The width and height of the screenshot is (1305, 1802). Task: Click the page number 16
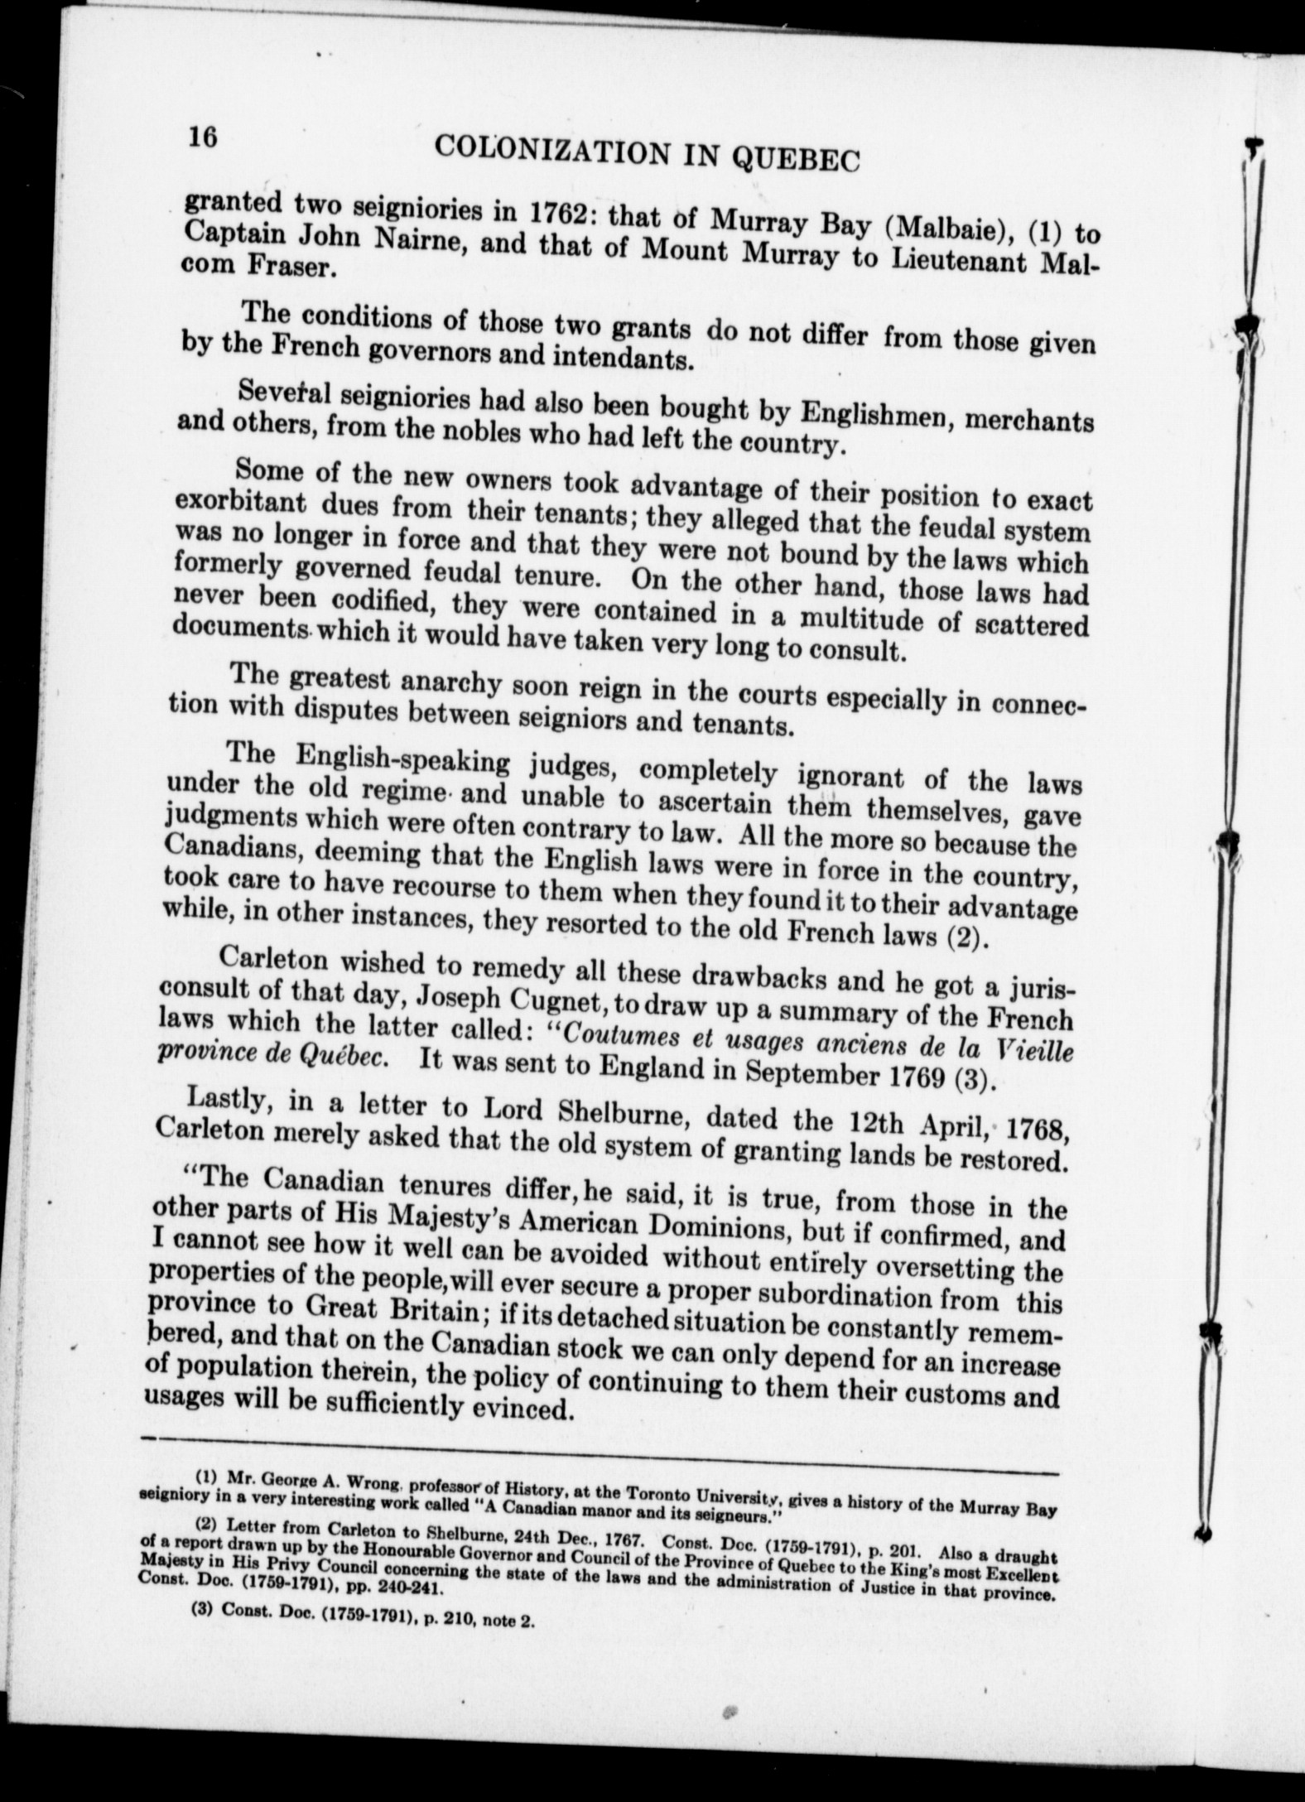(x=202, y=136)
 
